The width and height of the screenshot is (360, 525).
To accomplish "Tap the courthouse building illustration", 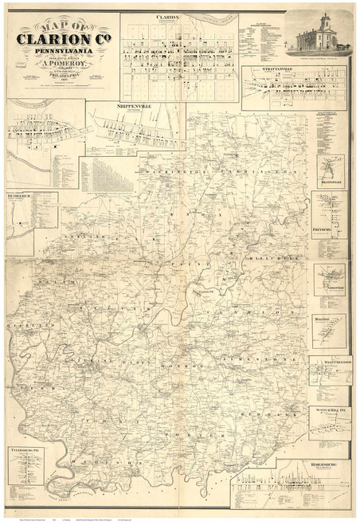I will [321, 35].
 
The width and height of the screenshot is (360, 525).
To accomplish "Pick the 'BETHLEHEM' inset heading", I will [22, 194].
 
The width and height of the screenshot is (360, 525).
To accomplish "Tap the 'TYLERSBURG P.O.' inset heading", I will [28, 449].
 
